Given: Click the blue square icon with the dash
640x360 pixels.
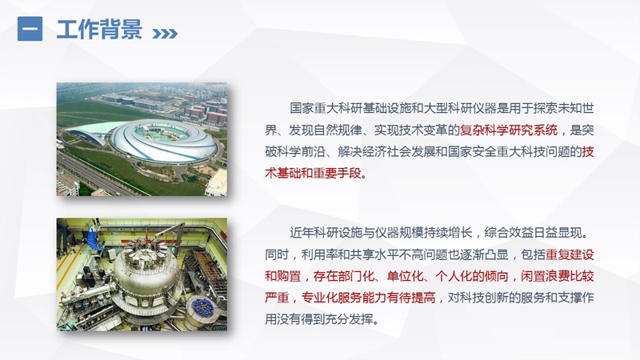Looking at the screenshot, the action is click(30, 29).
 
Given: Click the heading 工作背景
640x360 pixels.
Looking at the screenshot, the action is click(99, 29).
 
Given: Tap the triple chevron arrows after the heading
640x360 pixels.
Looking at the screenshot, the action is click(165, 33).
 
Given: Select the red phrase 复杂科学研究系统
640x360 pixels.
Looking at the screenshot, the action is click(509, 130).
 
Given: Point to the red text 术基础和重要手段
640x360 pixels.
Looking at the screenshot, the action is click(314, 173).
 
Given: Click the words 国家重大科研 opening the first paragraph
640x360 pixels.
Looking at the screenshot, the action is click(326, 109).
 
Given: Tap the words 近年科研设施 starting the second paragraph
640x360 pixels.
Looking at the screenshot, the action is click(326, 233).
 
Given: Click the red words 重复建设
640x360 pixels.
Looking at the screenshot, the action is click(570, 254).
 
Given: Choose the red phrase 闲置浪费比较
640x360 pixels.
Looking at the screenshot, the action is click(558, 276).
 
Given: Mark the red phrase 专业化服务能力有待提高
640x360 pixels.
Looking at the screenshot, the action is click(369, 298).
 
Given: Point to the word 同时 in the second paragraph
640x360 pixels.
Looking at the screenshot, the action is click(277, 254).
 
